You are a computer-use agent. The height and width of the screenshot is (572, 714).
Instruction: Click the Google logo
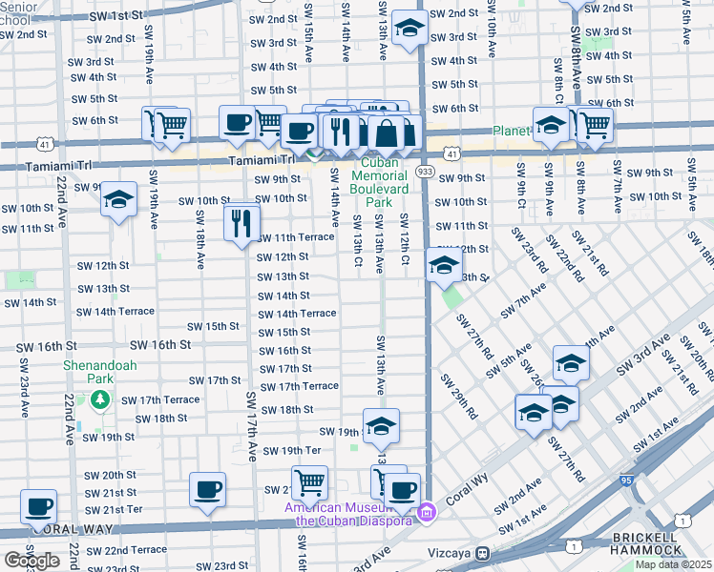[31, 561]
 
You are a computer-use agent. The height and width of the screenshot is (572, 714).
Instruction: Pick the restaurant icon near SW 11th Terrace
[242, 222]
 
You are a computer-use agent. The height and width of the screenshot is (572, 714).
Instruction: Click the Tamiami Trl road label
[252, 161]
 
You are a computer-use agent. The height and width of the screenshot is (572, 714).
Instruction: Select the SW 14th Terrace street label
[297, 314]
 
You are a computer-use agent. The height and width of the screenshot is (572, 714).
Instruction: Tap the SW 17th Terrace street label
[300, 386]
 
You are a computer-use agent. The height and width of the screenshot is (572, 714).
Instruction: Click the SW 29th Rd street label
[458, 395]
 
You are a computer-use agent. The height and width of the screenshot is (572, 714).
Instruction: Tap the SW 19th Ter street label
[291, 450]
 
